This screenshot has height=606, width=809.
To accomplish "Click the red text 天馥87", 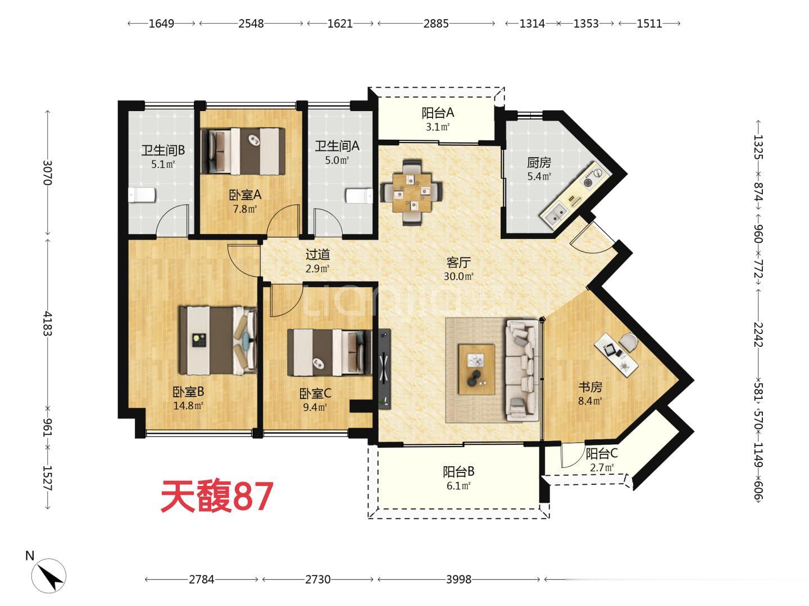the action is pyautogui.click(x=217, y=497).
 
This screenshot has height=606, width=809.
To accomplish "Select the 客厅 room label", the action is pyautogui.click(x=458, y=263).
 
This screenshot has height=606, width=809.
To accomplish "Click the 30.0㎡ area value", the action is pyautogui.click(x=458, y=276).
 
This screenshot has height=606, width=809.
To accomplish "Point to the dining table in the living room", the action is pyautogui.click(x=411, y=192).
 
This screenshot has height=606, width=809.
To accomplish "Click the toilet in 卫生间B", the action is pyautogui.click(x=142, y=195).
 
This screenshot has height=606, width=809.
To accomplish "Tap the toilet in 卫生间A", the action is pyautogui.click(x=359, y=196).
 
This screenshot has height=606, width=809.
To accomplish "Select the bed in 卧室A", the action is pyautogui.click(x=243, y=151).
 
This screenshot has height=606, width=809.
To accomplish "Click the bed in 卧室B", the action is pyautogui.click(x=218, y=341).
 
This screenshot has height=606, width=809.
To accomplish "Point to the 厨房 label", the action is pyautogui.click(x=539, y=162).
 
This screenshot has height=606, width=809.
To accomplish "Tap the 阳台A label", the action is pyautogui.click(x=438, y=113).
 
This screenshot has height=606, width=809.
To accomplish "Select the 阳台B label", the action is pyautogui.click(x=458, y=471).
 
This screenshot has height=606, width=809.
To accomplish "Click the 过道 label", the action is pyautogui.click(x=317, y=254).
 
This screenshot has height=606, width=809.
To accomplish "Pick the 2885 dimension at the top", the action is pyautogui.click(x=436, y=24).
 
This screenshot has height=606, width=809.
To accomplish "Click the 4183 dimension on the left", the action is pyautogui.click(x=48, y=324).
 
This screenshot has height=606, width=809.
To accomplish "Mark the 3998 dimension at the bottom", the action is pyautogui.click(x=458, y=580).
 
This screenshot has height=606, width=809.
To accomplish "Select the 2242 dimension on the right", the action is pyautogui.click(x=758, y=334).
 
